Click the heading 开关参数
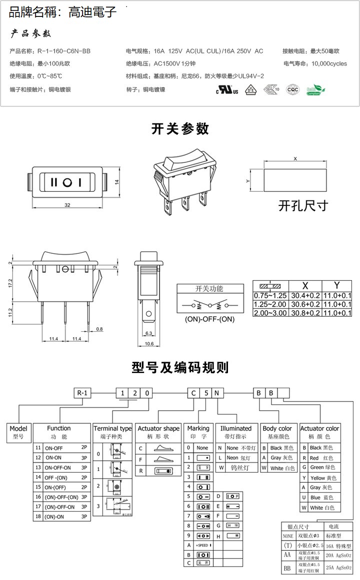(180, 128)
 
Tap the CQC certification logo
(292, 90)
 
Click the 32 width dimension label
(66, 205)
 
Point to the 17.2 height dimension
(10, 283)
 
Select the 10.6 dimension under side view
(148, 344)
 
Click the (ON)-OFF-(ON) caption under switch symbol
(209, 319)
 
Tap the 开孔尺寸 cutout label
(303, 206)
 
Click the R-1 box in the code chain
(83, 393)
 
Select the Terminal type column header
(112, 429)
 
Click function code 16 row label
(38, 497)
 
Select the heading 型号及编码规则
(180, 368)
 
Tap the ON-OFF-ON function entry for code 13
(58, 468)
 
